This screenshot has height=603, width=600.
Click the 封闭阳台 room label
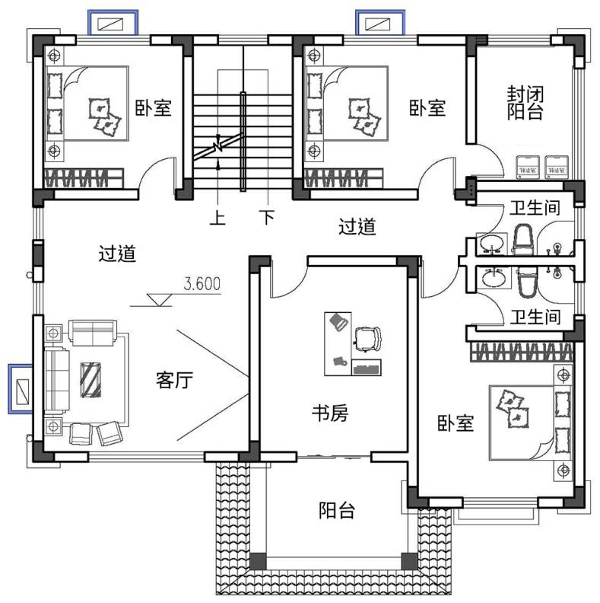tap(525, 103)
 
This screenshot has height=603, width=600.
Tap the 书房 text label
tap(329, 413)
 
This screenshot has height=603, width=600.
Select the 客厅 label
tap(174, 380)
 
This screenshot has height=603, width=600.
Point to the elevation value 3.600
tap(202, 284)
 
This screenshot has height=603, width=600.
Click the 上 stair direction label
tap(217, 218)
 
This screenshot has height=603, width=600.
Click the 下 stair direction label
tap(268, 217)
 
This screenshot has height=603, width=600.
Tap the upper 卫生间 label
tap(535, 208)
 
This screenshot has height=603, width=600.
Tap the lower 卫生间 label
tap(535, 317)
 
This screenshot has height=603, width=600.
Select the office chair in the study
tap(367, 338)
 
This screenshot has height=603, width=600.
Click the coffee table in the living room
tap(90, 380)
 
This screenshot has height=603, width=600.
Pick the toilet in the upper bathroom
tap(522, 240)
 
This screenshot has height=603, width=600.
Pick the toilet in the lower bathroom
tap(526, 282)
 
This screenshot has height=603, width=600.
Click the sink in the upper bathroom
tap(492, 244)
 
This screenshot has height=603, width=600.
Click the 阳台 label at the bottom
tap(336, 510)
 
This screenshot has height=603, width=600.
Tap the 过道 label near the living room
tap(117, 254)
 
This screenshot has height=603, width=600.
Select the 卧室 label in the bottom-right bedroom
tap(456, 423)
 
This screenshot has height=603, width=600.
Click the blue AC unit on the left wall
tap(21, 389)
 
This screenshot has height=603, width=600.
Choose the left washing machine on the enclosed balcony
tap(528, 167)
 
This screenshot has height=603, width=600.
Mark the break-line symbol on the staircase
tap(217, 146)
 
